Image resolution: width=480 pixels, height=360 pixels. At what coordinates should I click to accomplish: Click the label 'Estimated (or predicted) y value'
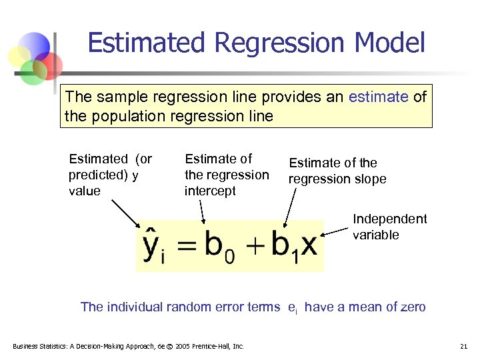(x=110, y=175)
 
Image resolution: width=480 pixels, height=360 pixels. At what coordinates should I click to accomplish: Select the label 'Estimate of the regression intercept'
(x=226, y=175)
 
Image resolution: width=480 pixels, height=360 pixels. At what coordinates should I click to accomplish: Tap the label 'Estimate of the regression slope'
(x=337, y=171)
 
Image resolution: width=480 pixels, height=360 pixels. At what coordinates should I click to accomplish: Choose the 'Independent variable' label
(x=389, y=227)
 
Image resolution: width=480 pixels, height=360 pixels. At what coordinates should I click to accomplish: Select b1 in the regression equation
(x=283, y=247)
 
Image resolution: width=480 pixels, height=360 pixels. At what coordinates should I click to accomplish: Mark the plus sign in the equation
(x=254, y=247)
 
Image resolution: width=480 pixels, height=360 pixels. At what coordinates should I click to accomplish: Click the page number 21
(x=463, y=346)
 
